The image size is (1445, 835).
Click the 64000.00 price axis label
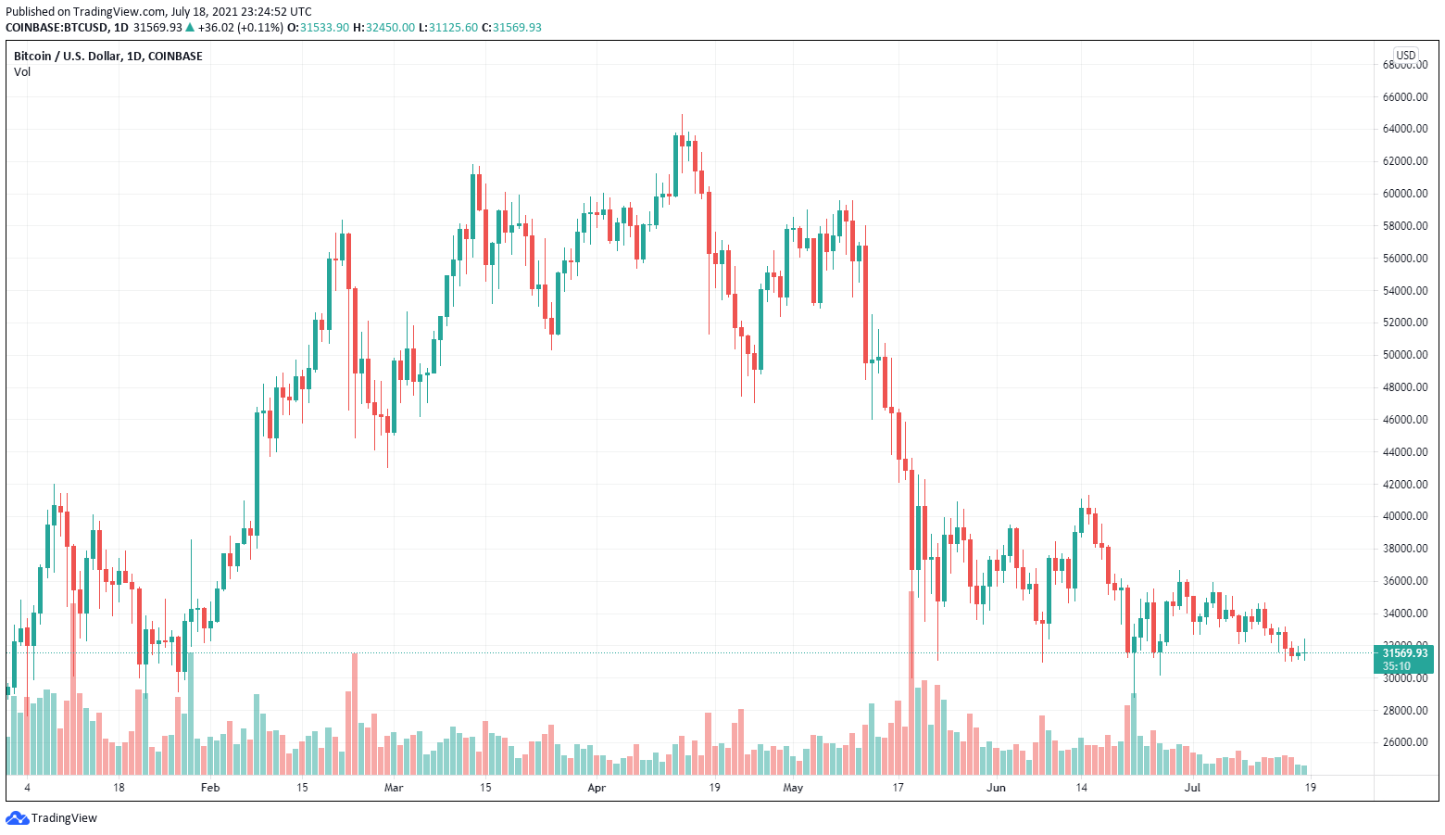click(x=1404, y=129)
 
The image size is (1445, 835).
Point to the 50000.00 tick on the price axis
click(x=1404, y=355)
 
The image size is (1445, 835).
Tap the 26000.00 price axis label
click(x=1404, y=742)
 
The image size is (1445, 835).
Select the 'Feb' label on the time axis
click(x=210, y=788)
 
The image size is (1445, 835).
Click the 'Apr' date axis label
click(x=597, y=788)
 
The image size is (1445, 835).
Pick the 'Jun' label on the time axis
click(x=996, y=788)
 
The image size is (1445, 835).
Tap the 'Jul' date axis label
click(x=1192, y=788)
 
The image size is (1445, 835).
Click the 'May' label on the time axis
click(x=793, y=788)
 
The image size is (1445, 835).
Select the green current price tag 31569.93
click(x=1404, y=653)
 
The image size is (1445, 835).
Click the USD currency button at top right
click(x=1406, y=56)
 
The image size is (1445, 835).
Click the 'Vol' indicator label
click(x=22, y=72)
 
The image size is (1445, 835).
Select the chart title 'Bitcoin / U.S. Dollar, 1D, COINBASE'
click(x=107, y=57)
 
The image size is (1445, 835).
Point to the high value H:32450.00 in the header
click(x=383, y=28)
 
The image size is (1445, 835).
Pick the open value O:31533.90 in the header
click(x=319, y=28)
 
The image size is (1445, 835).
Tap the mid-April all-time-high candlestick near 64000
click(x=682, y=139)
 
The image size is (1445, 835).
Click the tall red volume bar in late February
click(x=353, y=714)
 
